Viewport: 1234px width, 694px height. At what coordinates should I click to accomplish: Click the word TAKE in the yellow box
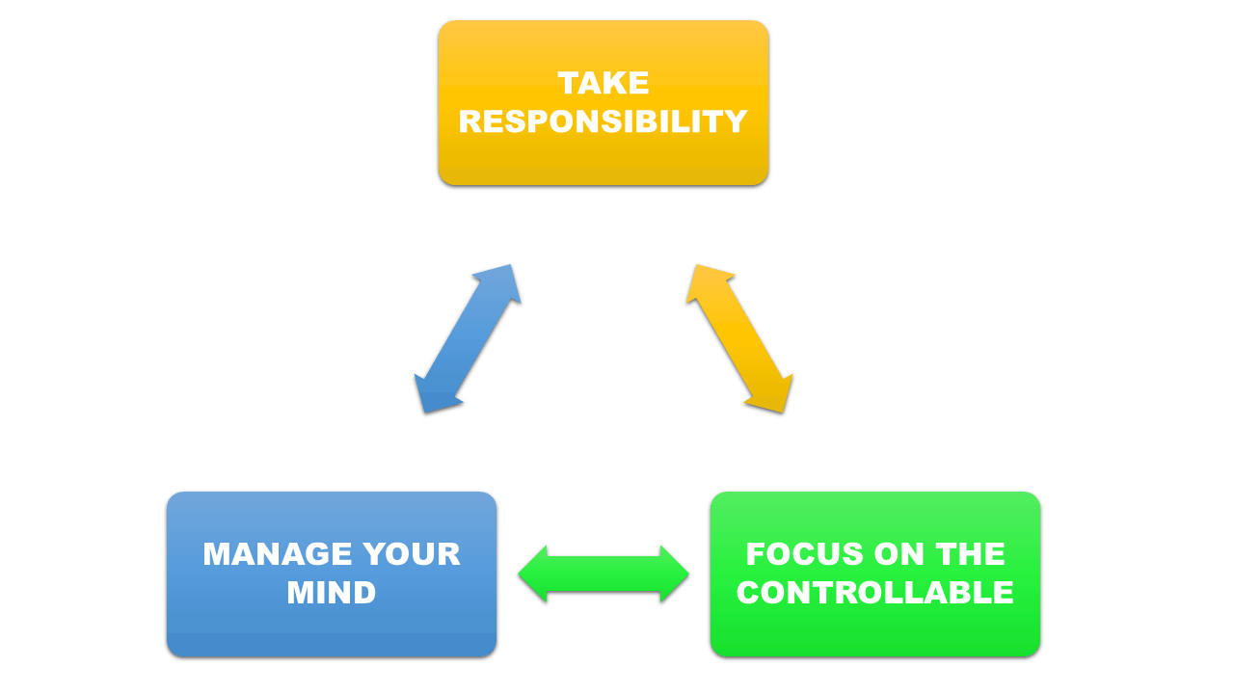[604, 83]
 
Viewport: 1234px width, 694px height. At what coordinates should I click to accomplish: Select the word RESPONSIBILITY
[604, 121]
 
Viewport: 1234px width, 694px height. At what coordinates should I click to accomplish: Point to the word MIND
[331, 593]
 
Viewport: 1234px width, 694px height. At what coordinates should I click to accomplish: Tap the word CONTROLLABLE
[874, 593]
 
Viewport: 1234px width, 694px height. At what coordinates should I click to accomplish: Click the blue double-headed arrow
[468, 338]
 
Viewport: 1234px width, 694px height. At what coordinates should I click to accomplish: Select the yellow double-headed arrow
[739, 338]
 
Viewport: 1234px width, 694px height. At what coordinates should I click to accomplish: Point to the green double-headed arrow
[604, 574]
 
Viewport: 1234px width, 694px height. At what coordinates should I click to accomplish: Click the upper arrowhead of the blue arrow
[502, 280]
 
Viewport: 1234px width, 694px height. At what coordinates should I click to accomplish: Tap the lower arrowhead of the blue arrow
[433, 396]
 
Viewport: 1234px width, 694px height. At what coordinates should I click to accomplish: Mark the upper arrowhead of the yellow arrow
[704, 280]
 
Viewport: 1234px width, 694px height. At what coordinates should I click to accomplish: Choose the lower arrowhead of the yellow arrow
[774, 396]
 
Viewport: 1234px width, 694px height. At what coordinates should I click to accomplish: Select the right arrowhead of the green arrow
[674, 574]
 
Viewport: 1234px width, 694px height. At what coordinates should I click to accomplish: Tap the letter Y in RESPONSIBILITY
[735, 121]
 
